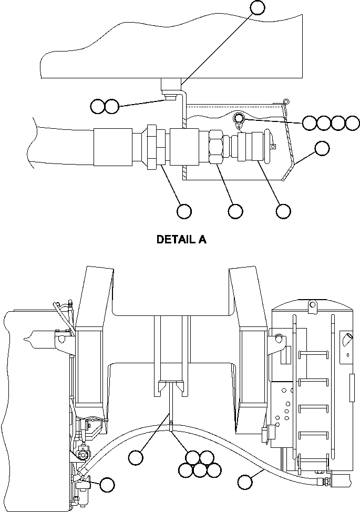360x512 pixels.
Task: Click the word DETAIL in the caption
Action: (x=174, y=240)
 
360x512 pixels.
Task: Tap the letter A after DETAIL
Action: (x=202, y=240)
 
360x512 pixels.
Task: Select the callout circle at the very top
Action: (x=257, y=7)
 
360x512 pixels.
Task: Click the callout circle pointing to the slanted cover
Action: (x=322, y=148)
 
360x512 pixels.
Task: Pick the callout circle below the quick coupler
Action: (x=283, y=211)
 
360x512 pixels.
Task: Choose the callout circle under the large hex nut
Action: (x=235, y=211)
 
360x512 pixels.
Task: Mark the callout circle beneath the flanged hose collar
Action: (x=184, y=211)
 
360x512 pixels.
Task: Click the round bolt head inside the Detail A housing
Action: (x=239, y=118)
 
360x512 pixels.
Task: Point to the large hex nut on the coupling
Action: (x=215, y=147)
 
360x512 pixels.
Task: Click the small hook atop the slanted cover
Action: (x=285, y=100)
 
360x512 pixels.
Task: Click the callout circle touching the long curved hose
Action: (x=245, y=482)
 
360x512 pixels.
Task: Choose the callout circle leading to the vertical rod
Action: (x=136, y=457)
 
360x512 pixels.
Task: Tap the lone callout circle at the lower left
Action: (x=108, y=485)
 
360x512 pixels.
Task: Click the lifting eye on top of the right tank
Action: (x=312, y=304)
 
